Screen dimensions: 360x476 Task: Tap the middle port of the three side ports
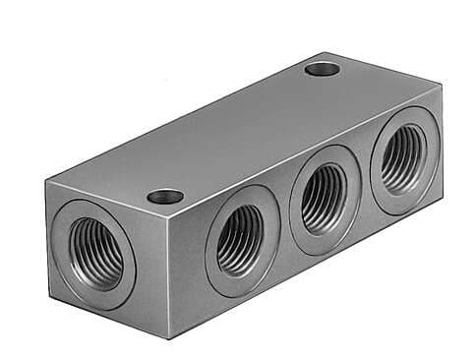(x=326, y=198)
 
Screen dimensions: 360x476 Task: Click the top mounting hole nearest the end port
(x=165, y=196)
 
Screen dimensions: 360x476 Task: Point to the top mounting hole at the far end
(x=323, y=69)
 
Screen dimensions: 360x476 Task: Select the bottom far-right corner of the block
(x=442, y=195)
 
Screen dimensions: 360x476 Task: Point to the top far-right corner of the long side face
(x=441, y=87)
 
